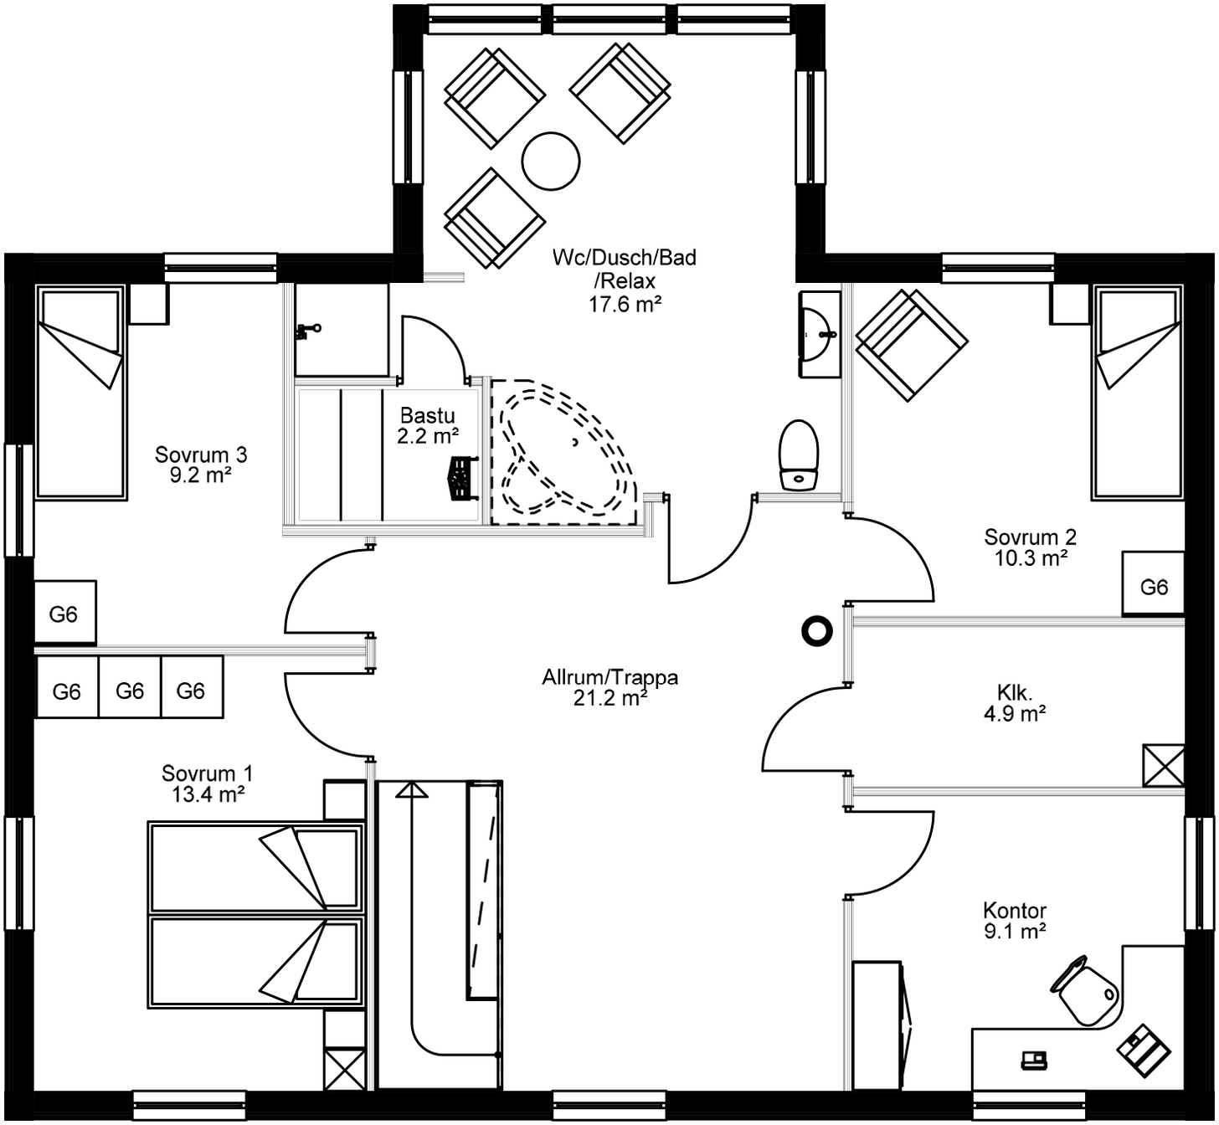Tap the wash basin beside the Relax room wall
coord(819,335)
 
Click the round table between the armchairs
coord(550,161)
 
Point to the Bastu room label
coord(427,415)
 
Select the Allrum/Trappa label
coord(609,677)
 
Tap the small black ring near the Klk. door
coord(816,630)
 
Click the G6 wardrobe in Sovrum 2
coord(1153,587)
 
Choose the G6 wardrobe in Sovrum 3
coord(64,614)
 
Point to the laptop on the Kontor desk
coord(1034,1060)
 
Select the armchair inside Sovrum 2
coord(911,345)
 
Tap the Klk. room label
coord(1015,692)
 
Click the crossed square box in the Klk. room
coord(1163,765)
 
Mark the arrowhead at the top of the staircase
coord(411,789)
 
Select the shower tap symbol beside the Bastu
coord(307,330)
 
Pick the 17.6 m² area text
coord(625,304)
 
